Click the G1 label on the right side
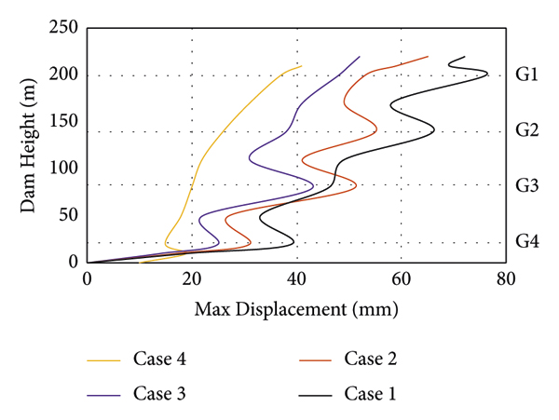[527, 75]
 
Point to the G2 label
[527, 130]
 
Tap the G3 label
[527, 185]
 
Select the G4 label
[527, 241]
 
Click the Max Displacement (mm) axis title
[296, 307]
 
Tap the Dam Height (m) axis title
[29, 145]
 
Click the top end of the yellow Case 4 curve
[302, 65]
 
